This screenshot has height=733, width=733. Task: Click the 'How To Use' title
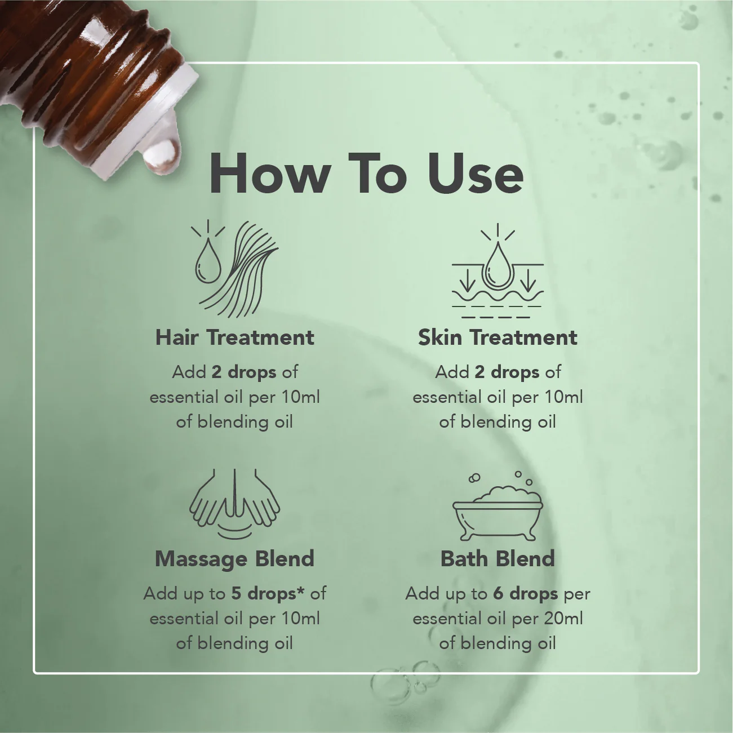(366, 174)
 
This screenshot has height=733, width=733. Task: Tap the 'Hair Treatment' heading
(235, 337)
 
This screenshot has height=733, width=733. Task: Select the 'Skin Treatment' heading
(497, 337)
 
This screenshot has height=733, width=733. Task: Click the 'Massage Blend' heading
(235, 559)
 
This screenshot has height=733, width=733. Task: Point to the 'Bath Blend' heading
(497, 559)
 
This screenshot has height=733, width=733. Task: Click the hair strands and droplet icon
(235, 269)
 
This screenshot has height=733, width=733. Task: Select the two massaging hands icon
(235, 504)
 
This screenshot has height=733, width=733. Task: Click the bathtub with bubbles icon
(497, 506)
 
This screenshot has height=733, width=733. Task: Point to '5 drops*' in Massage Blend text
(268, 593)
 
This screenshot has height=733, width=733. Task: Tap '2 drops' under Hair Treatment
(244, 372)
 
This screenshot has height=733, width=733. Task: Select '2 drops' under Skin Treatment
(507, 372)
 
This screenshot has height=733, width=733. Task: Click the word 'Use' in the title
(476, 174)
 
